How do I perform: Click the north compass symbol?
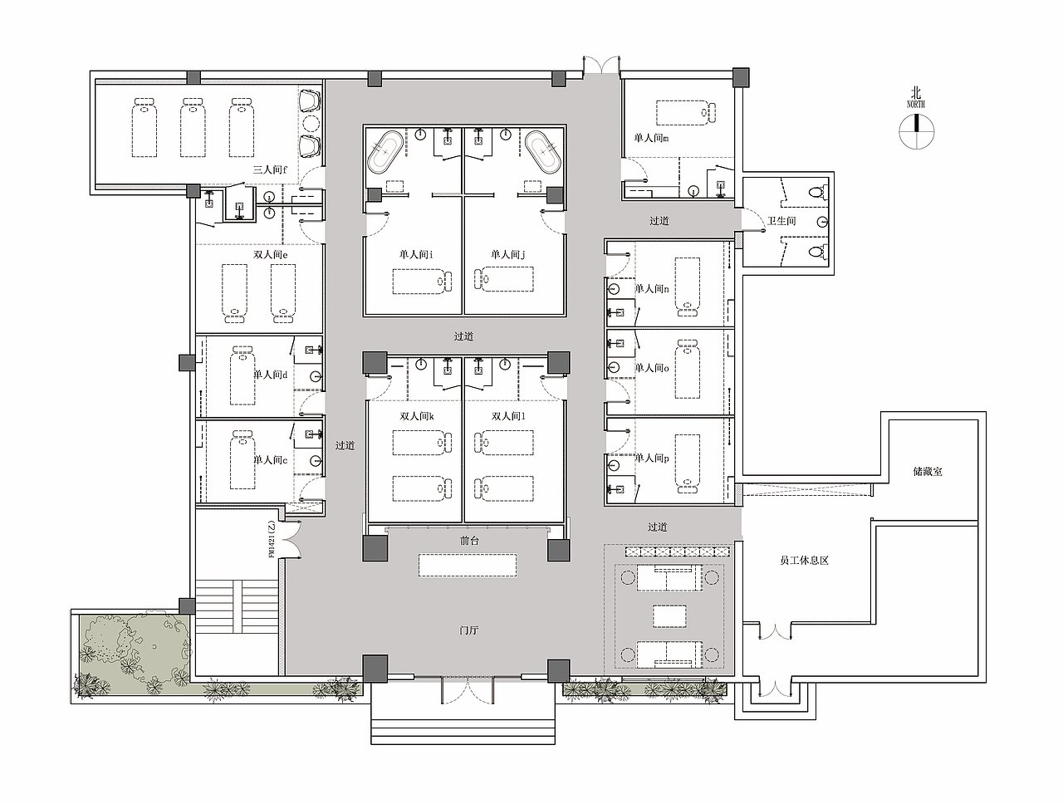916,131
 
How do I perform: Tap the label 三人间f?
270,170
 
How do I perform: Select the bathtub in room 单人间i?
385,152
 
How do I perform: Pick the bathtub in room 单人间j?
543,152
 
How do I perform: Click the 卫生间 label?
781,221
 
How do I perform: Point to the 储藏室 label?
928,471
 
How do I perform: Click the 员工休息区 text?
805,561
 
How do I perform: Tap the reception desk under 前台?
468,566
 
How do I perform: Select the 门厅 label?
468,630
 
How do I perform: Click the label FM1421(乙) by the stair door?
272,539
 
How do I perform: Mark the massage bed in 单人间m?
686,112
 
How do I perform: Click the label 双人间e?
270,255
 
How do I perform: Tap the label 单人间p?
652,458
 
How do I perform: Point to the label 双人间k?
417,416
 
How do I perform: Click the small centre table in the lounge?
669,616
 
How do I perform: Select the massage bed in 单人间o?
688,369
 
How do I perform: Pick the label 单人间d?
270,375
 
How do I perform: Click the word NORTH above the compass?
916,104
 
